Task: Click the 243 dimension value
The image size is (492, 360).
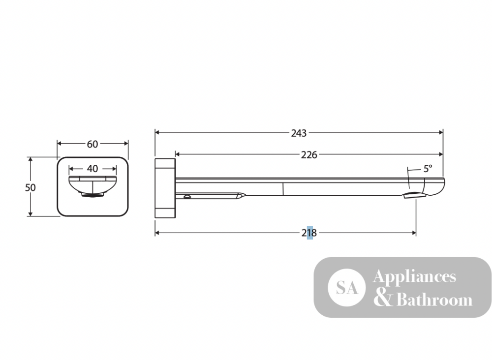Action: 299,133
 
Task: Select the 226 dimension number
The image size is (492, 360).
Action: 309,154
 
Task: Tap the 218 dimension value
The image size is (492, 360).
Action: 309,233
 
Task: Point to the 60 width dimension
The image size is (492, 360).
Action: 92,144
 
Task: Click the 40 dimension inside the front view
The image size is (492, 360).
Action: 92,169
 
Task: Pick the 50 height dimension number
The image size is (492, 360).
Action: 31,187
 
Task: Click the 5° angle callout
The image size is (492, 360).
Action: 428,169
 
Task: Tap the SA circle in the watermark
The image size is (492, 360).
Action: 347,287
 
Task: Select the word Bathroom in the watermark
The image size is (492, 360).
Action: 434,300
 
